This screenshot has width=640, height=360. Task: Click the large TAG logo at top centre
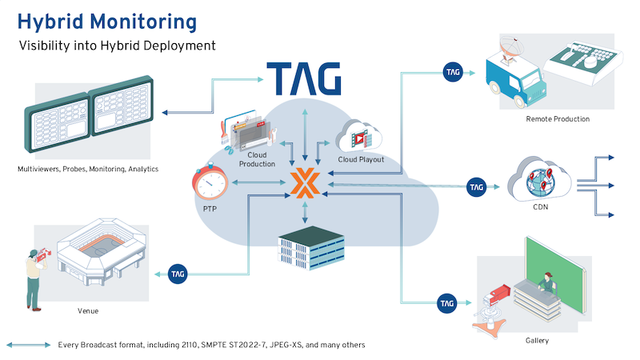click(x=304, y=78)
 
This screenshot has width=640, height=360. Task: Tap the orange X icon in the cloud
click(x=305, y=183)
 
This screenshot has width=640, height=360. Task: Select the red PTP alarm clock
click(x=210, y=182)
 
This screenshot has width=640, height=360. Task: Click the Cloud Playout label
click(x=361, y=159)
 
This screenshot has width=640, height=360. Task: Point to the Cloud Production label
click(x=257, y=159)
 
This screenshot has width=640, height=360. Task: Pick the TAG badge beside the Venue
click(x=178, y=274)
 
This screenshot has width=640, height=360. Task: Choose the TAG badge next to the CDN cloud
click(x=476, y=187)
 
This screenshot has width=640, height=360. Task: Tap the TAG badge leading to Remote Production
click(x=453, y=72)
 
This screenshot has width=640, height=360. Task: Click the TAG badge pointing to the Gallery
click(x=447, y=303)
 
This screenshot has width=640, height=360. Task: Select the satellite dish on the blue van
click(x=511, y=48)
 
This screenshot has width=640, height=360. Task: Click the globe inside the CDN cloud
click(x=541, y=182)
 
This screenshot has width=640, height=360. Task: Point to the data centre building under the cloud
click(x=311, y=248)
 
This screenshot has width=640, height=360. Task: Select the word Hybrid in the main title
click(x=50, y=22)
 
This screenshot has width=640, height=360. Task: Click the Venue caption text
click(x=88, y=311)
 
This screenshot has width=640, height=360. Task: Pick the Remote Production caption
click(x=558, y=119)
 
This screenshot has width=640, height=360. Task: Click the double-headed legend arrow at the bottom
click(x=29, y=346)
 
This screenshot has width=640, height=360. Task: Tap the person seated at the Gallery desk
click(x=546, y=283)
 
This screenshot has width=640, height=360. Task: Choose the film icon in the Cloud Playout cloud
click(x=360, y=138)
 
